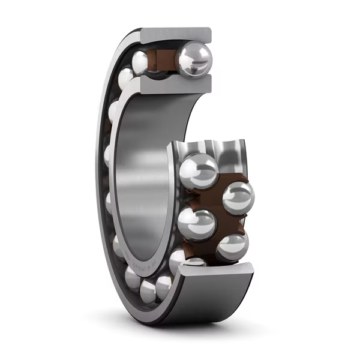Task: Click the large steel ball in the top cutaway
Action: pyautogui.click(x=193, y=59)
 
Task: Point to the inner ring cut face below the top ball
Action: pyautogui.click(x=174, y=85)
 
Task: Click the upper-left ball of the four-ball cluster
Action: pyautogui.click(x=199, y=171)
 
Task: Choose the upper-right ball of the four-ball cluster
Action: pyautogui.click(x=238, y=197)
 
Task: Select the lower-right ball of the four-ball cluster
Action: pyautogui.click(x=232, y=247)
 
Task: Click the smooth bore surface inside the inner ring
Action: pyautogui.click(x=141, y=180)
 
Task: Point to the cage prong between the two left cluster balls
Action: pyautogui.click(x=185, y=198)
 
